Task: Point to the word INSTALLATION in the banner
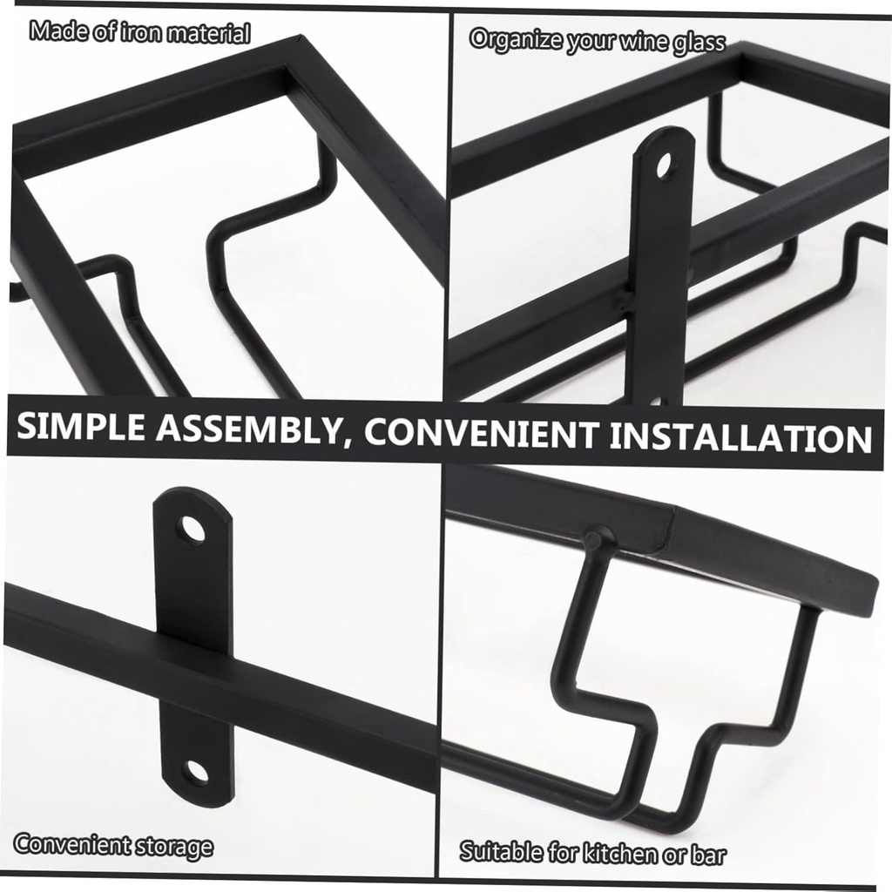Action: coord(740,437)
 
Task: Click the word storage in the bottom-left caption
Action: coord(173,847)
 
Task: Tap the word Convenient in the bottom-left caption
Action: coord(71,845)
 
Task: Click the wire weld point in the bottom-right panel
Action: coord(597,537)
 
